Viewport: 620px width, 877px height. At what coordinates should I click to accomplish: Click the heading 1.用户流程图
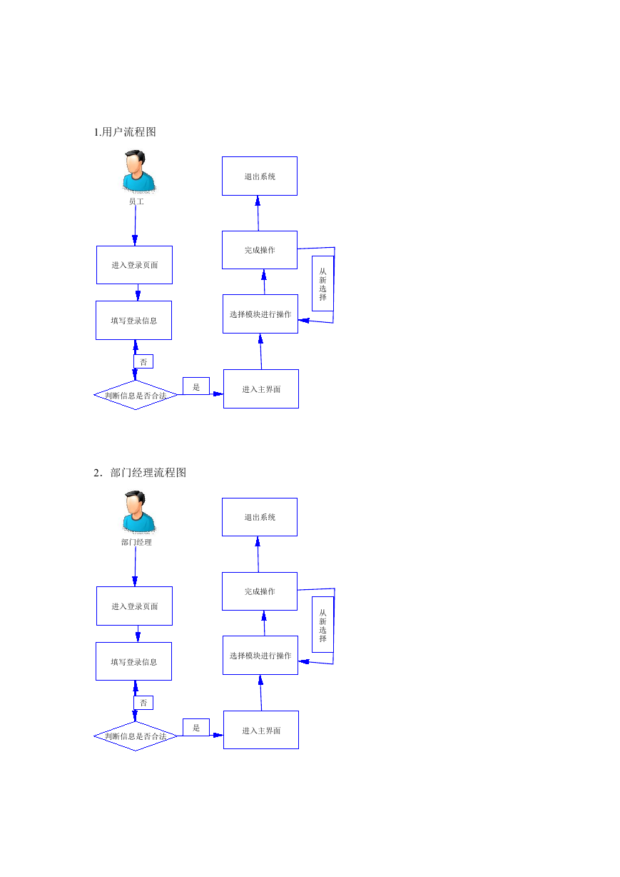tap(125, 132)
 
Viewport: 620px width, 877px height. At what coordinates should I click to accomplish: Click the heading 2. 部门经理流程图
tap(140, 473)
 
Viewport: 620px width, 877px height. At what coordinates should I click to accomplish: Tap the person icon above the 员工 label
tap(139, 171)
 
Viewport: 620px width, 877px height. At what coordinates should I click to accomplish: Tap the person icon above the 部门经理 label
tap(139, 512)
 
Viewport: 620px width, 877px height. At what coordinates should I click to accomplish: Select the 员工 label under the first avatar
tap(136, 201)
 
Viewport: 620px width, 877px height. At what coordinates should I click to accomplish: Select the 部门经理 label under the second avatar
tap(136, 542)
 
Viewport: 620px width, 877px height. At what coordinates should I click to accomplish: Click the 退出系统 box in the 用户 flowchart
tap(260, 176)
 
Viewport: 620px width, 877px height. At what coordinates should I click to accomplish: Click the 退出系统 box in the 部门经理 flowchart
tap(260, 517)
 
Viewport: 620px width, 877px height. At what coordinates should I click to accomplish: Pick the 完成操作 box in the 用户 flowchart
tap(260, 250)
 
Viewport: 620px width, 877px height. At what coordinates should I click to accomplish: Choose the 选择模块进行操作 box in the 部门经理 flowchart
tap(260, 656)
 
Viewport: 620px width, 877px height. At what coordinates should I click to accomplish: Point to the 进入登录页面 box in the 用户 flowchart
tap(135, 265)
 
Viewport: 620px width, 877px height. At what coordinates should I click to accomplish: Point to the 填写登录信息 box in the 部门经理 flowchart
tap(134, 661)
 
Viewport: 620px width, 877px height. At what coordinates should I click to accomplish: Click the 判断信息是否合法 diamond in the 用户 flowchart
tap(136, 395)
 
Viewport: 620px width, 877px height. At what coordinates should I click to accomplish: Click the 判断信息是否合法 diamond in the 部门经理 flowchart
tap(136, 736)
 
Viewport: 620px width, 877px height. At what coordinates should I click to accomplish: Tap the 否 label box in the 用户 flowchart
tap(143, 361)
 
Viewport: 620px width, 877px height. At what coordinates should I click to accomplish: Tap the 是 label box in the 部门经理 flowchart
tap(196, 728)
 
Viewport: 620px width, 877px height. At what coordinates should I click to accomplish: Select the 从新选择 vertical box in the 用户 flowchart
tap(322, 284)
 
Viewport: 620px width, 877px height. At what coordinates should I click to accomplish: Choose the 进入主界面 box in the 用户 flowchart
tap(261, 389)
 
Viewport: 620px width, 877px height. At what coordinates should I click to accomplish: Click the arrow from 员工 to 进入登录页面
tap(136, 226)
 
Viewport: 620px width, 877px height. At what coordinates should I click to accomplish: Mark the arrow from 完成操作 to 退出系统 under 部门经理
tap(258, 554)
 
